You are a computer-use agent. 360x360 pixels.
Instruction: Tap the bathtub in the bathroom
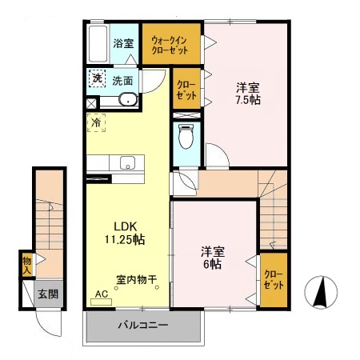point(98,44)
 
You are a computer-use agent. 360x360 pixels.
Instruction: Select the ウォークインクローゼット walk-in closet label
point(170,44)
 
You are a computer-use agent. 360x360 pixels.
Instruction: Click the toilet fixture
point(186,136)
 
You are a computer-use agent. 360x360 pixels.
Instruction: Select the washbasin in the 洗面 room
point(127,99)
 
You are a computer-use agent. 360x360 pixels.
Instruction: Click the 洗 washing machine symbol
point(96,78)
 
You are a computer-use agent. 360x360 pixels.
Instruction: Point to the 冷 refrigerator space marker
point(96,124)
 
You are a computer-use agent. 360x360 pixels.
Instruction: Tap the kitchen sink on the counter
point(128,163)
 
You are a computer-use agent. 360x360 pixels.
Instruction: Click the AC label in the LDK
point(101,294)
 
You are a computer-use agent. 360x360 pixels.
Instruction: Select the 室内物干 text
point(137,280)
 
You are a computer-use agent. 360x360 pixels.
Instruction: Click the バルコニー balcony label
point(143,326)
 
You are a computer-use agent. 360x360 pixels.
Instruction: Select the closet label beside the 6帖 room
point(274,279)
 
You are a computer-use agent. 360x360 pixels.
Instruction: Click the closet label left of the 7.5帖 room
point(183,90)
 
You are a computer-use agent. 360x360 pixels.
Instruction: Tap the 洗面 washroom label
point(122,80)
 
